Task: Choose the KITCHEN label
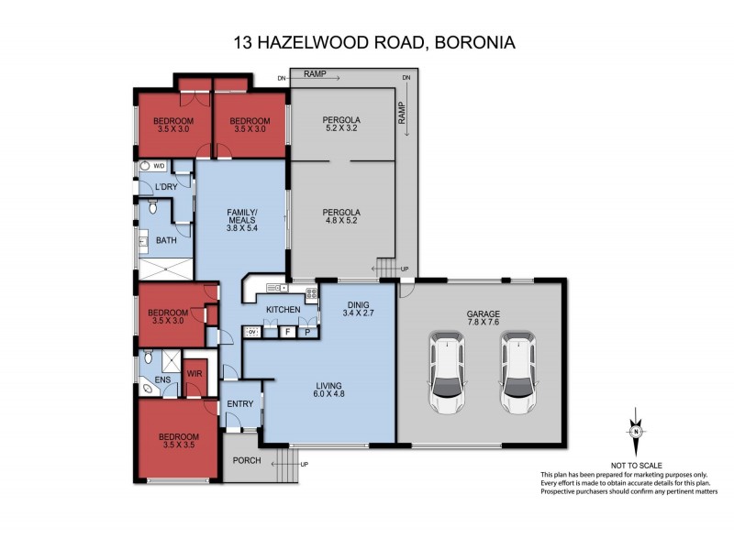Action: pyautogui.click(x=284, y=310)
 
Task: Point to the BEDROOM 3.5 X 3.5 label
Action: pyautogui.click(x=177, y=440)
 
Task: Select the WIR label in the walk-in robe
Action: pyautogui.click(x=195, y=374)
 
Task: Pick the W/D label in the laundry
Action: pyautogui.click(x=159, y=167)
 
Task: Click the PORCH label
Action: pyautogui.click(x=247, y=460)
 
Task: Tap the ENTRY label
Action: pyautogui.click(x=239, y=404)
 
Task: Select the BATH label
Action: pyautogui.click(x=166, y=241)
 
